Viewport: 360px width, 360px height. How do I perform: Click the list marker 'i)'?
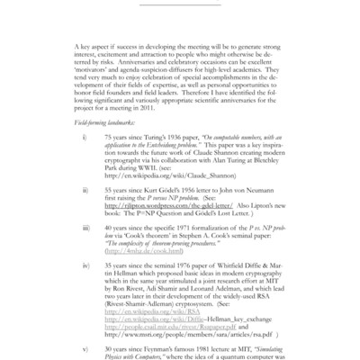click(84, 138)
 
